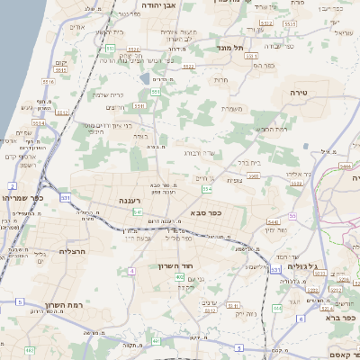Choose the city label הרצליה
click(x=72, y=251)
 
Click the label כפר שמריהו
click(x=22, y=197)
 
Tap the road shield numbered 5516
click(x=48, y=82)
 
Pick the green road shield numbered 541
click(x=138, y=211)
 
